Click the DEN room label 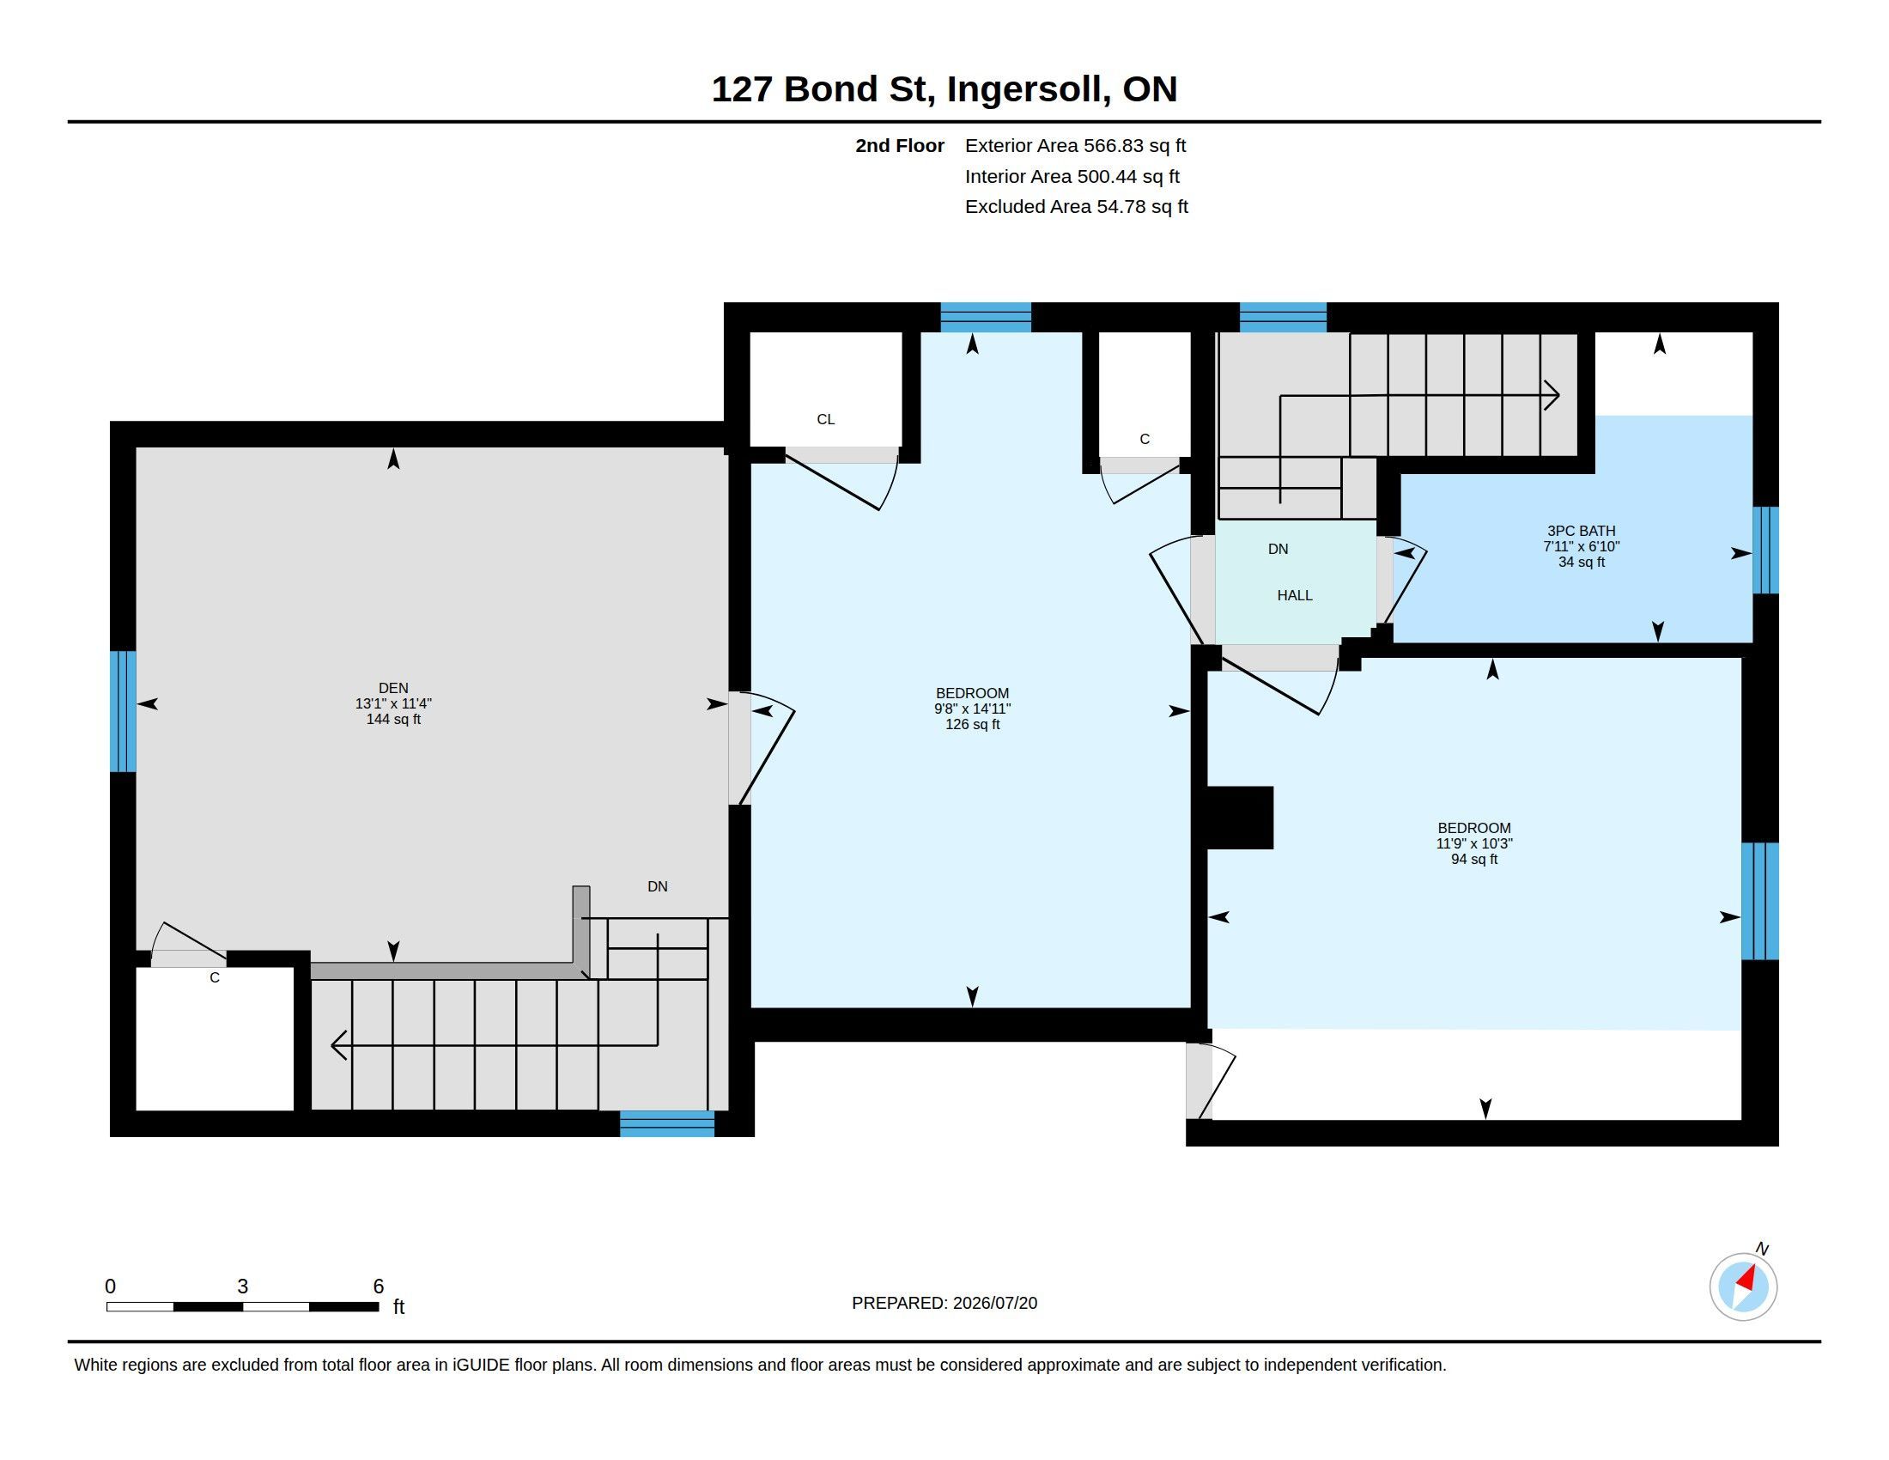click(x=392, y=689)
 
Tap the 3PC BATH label click(x=1581, y=531)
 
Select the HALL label click(x=1295, y=595)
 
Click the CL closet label click(x=826, y=419)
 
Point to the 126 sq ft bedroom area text click(x=972, y=725)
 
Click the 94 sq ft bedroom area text click(x=1473, y=860)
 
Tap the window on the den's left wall click(x=123, y=711)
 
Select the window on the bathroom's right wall click(x=1765, y=551)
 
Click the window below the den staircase click(x=667, y=1123)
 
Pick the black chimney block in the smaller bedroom click(x=1239, y=818)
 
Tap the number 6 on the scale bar click(x=378, y=1287)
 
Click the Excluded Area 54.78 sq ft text click(x=1076, y=207)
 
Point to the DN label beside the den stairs click(x=658, y=886)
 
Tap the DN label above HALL click(x=1279, y=550)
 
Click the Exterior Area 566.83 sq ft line click(x=1075, y=146)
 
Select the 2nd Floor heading click(x=900, y=146)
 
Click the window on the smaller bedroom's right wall click(x=1760, y=901)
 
